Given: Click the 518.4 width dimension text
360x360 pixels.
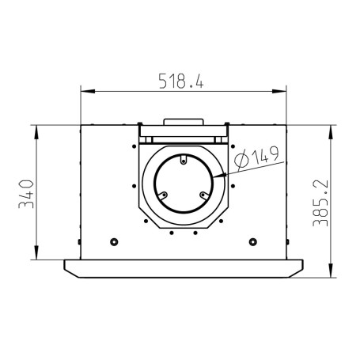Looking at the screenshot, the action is [x=181, y=81].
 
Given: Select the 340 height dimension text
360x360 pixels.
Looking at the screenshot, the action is [x=26, y=194].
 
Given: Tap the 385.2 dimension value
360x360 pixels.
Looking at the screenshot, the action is [x=320, y=203].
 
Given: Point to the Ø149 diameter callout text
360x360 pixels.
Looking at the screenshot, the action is [x=256, y=157].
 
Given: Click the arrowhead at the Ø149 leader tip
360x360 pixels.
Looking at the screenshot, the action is [x=219, y=176].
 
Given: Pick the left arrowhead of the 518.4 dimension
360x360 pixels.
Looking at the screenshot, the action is [x=88, y=91].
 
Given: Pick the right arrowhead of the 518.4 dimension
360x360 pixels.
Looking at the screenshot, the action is [x=279, y=91].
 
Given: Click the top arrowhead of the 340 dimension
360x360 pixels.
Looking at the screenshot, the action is [x=36, y=132].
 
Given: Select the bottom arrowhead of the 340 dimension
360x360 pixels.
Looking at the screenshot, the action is [x=36, y=252].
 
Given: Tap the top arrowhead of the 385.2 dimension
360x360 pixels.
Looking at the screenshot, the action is [x=331, y=132].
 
